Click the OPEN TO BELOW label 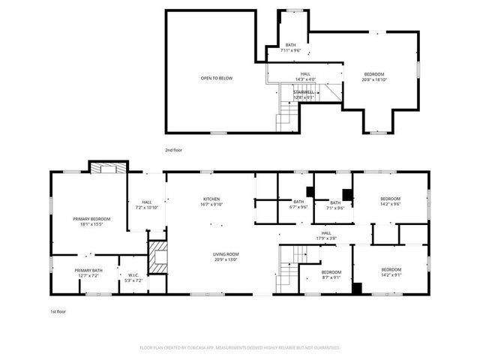point(216,78)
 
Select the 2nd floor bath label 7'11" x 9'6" point(289,48)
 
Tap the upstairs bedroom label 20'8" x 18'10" point(374,76)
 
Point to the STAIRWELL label point(304,94)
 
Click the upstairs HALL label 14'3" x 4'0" point(305,76)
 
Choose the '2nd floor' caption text point(174,150)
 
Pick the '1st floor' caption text point(57,310)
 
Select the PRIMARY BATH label point(88,272)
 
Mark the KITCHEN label point(211,201)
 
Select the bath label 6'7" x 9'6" point(298,204)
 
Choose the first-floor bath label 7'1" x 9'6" point(335,205)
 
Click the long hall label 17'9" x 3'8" point(326,235)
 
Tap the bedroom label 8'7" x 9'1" point(331,274)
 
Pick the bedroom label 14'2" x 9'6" point(391,201)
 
